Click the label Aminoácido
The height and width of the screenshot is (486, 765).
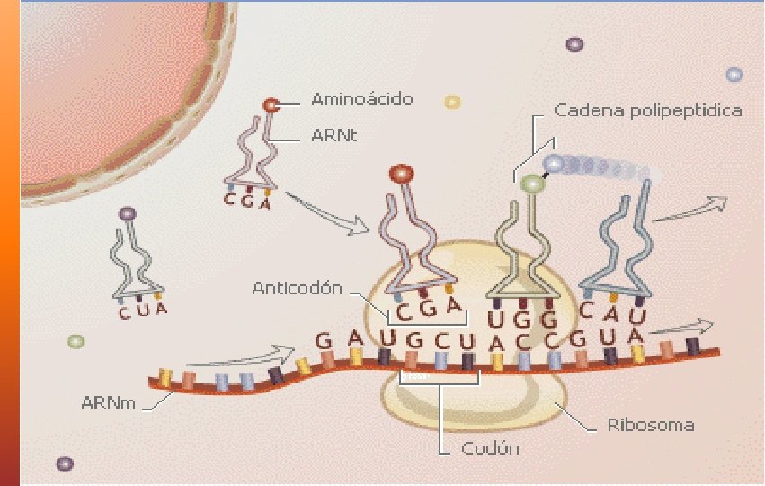362,100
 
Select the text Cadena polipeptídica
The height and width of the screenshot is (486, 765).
647,111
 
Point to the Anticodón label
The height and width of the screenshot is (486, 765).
298,289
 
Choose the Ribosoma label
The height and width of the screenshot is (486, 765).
650,424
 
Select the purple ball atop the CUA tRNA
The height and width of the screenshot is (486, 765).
128,215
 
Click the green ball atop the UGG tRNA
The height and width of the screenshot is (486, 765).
533,184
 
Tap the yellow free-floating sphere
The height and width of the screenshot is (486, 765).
452,102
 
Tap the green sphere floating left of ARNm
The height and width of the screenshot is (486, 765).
76,342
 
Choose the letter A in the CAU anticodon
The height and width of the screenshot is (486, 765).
613,311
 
